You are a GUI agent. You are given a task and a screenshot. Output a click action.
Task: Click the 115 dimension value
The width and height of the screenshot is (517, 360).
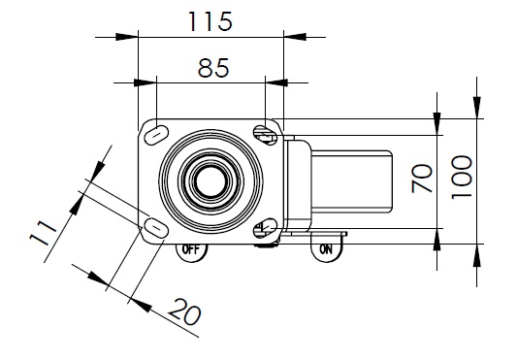(210, 21)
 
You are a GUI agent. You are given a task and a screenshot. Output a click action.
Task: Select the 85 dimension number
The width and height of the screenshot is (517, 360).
(213, 68)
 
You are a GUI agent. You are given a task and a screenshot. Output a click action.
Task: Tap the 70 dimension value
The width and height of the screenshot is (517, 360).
(422, 179)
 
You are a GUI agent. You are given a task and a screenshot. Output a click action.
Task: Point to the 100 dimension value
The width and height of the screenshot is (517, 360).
(462, 178)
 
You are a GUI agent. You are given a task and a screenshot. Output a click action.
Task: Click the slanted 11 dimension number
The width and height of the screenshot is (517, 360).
(43, 233)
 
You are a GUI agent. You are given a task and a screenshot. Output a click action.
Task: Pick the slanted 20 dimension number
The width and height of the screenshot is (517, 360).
(184, 311)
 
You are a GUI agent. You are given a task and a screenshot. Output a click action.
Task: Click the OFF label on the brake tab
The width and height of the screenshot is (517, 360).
(191, 249)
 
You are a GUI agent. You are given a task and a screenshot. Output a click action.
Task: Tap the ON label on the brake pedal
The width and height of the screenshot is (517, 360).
(326, 249)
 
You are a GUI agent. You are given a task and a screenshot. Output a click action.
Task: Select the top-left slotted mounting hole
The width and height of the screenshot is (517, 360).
(156, 135)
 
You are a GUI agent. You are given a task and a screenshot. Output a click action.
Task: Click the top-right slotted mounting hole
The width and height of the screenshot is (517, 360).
(265, 135)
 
